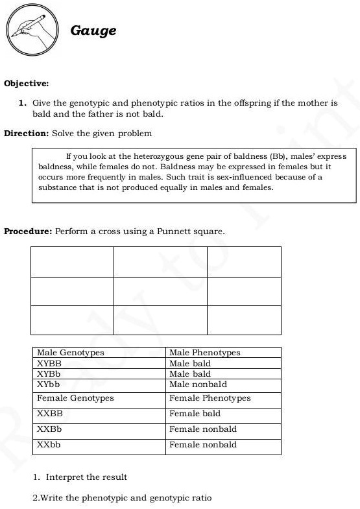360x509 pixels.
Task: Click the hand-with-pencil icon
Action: [x=34, y=30]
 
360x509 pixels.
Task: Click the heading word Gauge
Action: [x=93, y=30]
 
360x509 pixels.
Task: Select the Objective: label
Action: [x=27, y=84]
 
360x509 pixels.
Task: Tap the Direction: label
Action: [x=27, y=134]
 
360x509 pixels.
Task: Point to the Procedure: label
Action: [x=28, y=231]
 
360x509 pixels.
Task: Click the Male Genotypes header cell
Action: [x=71, y=353]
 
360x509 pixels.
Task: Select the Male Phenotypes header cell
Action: [x=204, y=353]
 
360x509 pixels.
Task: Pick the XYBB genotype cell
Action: [x=49, y=364]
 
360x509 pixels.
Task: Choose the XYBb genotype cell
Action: [x=49, y=374]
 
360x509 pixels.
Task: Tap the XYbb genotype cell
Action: [x=49, y=385]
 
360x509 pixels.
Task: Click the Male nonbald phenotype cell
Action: [x=198, y=385]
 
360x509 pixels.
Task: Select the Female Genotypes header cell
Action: [x=75, y=398]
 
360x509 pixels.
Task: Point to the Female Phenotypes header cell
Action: [x=210, y=398]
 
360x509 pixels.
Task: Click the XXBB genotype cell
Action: [x=50, y=414]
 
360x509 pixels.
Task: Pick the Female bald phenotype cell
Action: [x=195, y=414]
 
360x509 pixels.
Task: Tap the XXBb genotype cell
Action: [x=50, y=429]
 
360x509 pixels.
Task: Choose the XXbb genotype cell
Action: [x=49, y=445]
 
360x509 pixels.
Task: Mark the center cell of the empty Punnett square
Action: [x=160, y=291]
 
